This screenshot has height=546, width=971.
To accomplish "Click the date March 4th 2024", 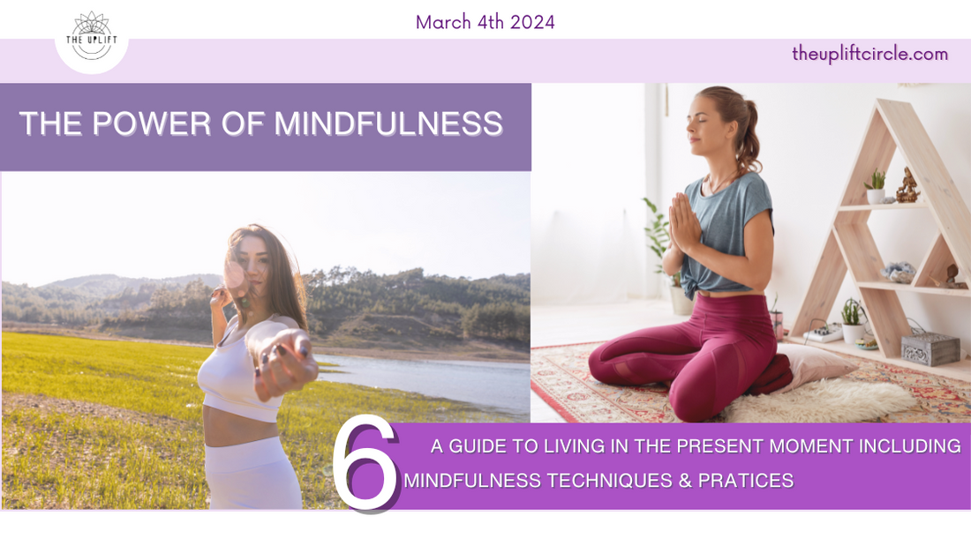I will (485, 22).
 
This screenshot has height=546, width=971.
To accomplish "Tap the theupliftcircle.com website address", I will (869, 54).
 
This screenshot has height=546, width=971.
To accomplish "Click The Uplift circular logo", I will (91, 36).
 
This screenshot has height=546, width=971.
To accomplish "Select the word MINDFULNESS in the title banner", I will (388, 124).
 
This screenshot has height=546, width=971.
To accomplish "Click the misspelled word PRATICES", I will (749, 481).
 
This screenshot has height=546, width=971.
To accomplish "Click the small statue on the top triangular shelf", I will (907, 186).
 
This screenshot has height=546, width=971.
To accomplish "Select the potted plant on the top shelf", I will (876, 186).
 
